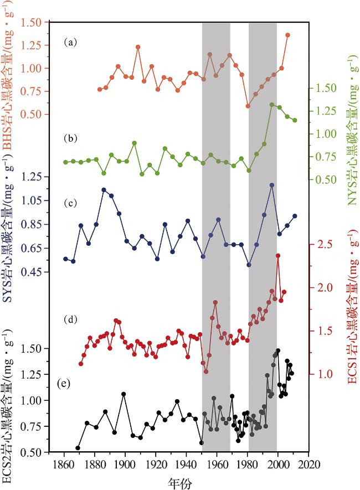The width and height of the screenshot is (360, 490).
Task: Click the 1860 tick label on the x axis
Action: (x=64, y=464)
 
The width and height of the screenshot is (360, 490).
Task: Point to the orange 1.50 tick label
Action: (x=32, y=23)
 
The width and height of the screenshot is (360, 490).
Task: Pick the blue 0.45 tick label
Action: (x=32, y=272)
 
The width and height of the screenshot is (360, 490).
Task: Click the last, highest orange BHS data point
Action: (x=288, y=35)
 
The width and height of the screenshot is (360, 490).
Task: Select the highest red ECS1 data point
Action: (x=278, y=256)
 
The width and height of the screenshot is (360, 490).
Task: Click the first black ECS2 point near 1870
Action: (x=78, y=448)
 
